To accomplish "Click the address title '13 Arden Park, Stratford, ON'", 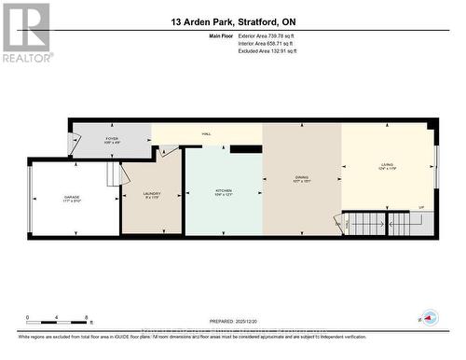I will [233, 21].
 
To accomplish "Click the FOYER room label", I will [111, 140].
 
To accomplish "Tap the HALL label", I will [206, 134].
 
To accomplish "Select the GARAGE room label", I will [71, 199].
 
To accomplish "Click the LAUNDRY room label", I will [152, 195].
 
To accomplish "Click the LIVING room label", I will [386, 168].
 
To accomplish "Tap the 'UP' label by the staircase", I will [420, 208].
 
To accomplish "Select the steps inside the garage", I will [116, 174].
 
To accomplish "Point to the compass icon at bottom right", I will [429, 318].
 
